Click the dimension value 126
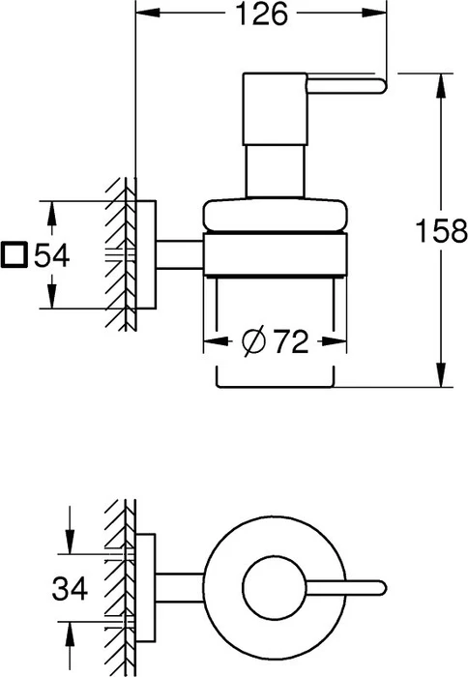[262, 15]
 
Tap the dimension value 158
[441, 231]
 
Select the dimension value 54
[52, 255]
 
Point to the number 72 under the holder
[292, 342]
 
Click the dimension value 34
[70, 588]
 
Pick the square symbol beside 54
[15, 255]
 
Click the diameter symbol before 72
[253, 342]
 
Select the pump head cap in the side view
[275, 108]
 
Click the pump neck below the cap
[275, 171]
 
